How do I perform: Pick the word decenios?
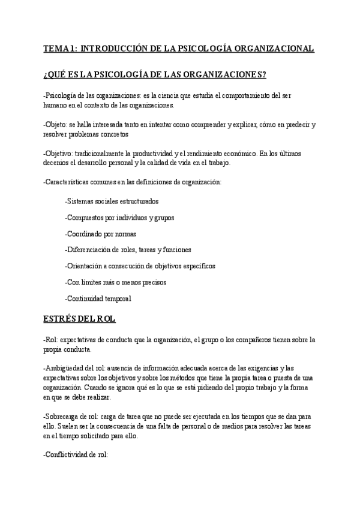tap(57, 163)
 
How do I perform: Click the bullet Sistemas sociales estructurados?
tap(112, 201)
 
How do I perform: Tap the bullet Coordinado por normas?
tap(100, 233)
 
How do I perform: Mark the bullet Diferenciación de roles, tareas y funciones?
tap(128, 250)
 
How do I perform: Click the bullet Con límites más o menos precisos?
tap(115, 282)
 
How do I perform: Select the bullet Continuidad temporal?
tap(98, 298)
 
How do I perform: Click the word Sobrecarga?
tap(65, 416)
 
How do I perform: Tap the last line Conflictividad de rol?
tap(76, 454)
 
